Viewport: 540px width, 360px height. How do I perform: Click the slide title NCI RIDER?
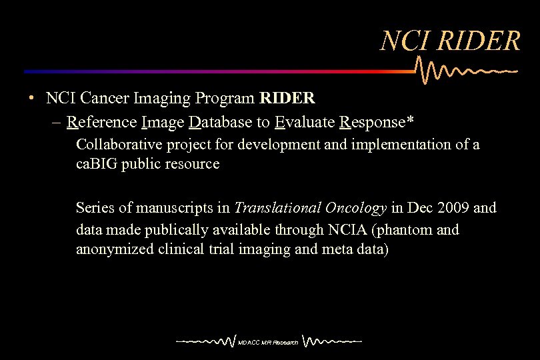(x=450, y=41)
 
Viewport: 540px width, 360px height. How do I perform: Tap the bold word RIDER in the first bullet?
(x=287, y=99)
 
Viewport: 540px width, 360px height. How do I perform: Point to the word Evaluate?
(x=305, y=122)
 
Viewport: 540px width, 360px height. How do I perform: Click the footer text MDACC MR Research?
(x=268, y=343)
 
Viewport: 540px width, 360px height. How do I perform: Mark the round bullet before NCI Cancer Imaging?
(x=31, y=99)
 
